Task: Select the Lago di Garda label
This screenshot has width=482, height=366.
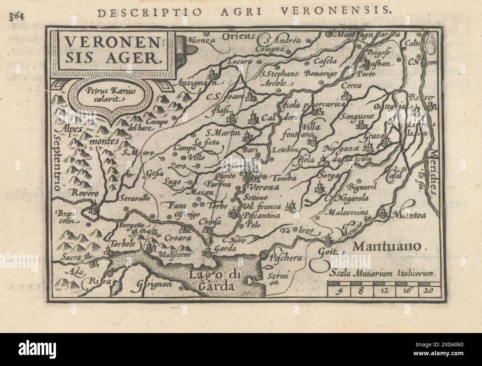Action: click(211, 280)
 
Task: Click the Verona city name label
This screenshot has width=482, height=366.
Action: click(265, 187)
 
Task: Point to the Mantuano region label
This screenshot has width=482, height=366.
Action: click(387, 246)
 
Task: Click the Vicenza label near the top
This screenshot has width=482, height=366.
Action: click(201, 40)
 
